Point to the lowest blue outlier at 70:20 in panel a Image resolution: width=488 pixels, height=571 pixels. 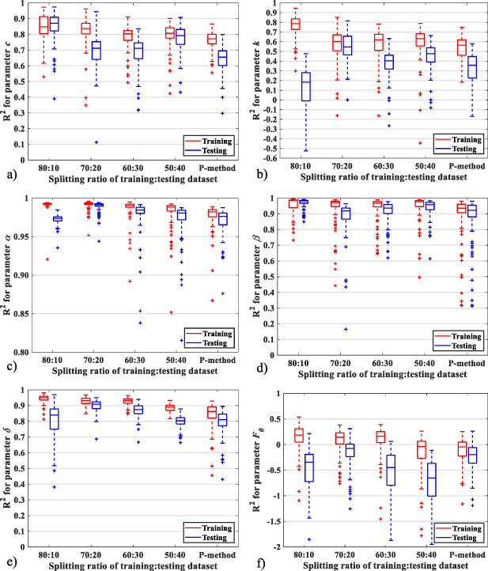click(x=96, y=142)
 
